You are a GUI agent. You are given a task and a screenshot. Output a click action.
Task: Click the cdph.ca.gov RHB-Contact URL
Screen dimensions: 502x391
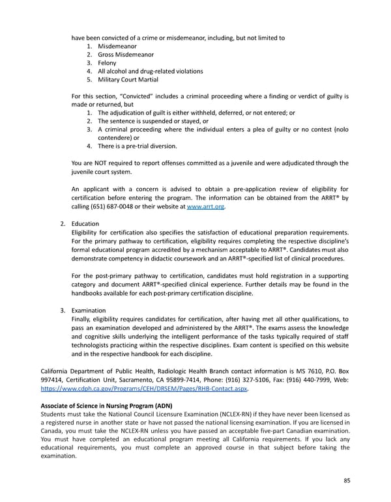[x=140, y=390]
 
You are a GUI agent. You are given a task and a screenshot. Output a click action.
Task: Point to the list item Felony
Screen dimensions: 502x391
[x=107, y=63]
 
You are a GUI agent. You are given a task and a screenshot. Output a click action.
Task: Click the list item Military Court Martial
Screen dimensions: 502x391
[x=128, y=80]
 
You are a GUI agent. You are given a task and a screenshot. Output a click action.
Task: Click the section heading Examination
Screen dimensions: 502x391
[x=89, y=311]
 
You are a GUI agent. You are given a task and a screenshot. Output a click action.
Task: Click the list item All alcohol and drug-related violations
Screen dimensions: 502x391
[x=150, y=72]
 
